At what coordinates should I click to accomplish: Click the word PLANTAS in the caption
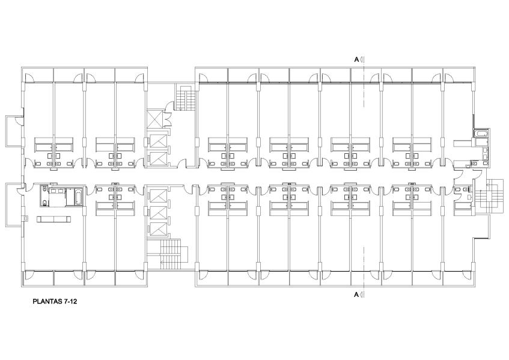47,301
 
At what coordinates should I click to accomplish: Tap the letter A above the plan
356,59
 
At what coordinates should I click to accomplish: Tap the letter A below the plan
356,294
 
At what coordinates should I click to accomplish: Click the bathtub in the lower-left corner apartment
79,196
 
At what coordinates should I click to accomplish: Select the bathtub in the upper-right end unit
481,133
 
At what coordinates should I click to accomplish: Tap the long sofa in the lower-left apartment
54,219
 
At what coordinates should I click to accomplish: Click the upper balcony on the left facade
14,131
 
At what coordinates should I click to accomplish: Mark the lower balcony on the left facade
14,205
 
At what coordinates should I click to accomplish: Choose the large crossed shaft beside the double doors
154,118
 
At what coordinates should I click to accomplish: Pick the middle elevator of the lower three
158,212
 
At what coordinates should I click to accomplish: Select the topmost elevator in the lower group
158,196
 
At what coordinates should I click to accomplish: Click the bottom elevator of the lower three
158,229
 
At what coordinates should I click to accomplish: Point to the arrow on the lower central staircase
166,261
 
